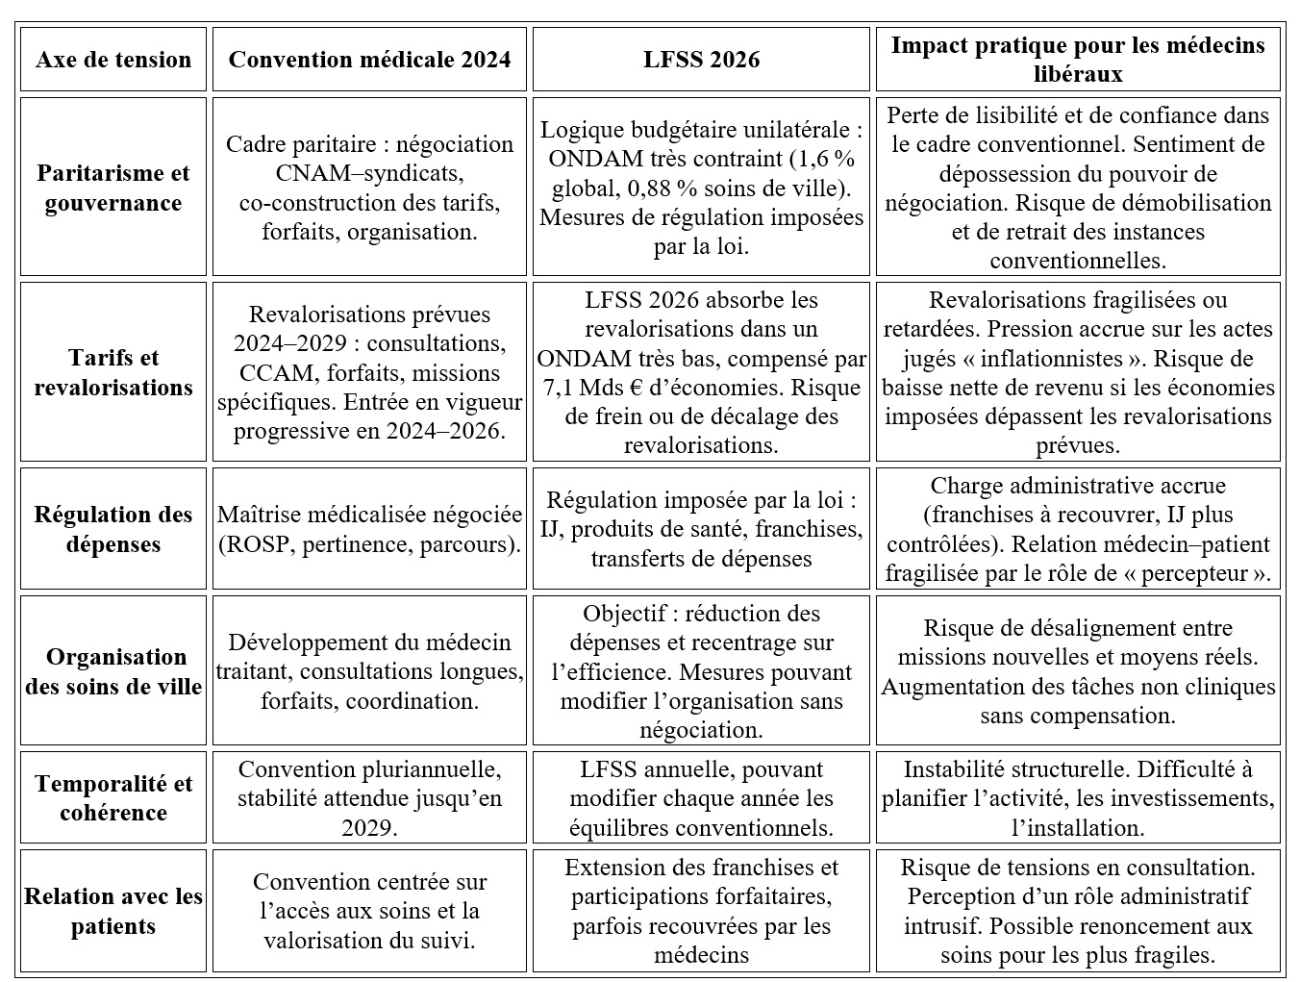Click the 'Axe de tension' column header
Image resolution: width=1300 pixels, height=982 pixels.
[113, 60]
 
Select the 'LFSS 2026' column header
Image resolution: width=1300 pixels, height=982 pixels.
[701, 60]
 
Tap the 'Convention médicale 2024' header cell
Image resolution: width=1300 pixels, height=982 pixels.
[369, 60]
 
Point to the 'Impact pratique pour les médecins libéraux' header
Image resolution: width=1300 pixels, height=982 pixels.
[1077, 59]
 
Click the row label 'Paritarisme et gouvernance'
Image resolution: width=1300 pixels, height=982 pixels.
[113, 188]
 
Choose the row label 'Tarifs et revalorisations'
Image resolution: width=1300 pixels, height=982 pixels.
[113, 372]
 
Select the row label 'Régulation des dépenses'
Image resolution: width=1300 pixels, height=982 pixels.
[113, 529]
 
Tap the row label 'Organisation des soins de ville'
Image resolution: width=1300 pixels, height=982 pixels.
[113, 671]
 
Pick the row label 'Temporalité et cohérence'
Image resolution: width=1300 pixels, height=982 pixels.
[113, 797]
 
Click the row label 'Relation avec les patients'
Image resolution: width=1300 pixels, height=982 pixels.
[113, 911]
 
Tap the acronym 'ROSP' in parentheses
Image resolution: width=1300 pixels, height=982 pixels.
[259, 544]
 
